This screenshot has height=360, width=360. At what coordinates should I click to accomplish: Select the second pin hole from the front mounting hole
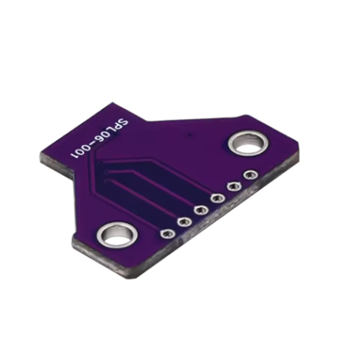[x=184, y=221]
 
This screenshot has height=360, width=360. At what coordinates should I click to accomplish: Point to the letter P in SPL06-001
[x=118, y=127]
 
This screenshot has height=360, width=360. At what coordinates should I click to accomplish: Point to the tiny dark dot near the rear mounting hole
[x=191, y=135]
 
